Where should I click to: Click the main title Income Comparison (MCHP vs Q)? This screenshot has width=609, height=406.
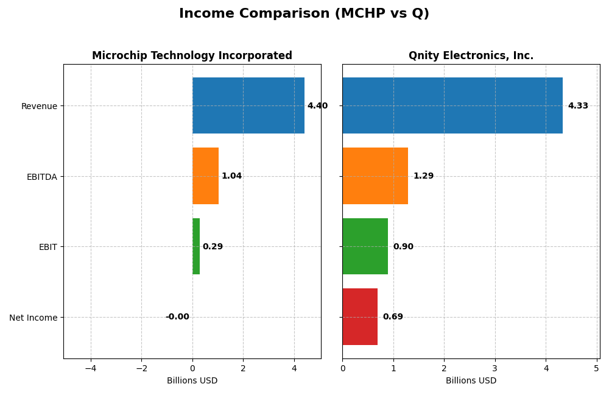(304, 13)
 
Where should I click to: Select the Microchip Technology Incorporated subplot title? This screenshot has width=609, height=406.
(192, 55)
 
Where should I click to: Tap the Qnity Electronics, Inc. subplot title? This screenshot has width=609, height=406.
(471, 55)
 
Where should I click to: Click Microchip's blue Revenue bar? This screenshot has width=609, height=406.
(248, 105)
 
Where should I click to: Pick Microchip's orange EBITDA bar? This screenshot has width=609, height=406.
(205, 176)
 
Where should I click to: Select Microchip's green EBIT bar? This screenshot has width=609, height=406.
(196, 246)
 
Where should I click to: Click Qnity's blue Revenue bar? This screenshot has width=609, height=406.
(452, 105)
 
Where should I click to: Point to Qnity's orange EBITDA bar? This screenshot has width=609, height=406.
(375, 176)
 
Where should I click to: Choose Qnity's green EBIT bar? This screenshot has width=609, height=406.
(365, 246)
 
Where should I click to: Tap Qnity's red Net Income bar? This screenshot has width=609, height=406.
(359, 316)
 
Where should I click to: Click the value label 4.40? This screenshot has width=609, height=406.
(317, 106)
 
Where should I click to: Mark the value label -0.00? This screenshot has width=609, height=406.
(177, 317)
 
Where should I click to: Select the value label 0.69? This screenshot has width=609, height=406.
(393, 317)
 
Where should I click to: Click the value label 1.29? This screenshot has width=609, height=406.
(423, 176)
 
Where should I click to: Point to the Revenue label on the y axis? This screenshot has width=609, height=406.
(39, 106)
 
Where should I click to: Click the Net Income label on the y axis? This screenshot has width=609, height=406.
(33, 318)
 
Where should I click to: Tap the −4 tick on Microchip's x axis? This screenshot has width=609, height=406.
(91, 368)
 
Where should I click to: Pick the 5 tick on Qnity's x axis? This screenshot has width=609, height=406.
(596, 368)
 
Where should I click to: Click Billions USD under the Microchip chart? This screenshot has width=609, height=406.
(192, 381)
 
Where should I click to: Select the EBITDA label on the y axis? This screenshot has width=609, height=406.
(41, 177)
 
